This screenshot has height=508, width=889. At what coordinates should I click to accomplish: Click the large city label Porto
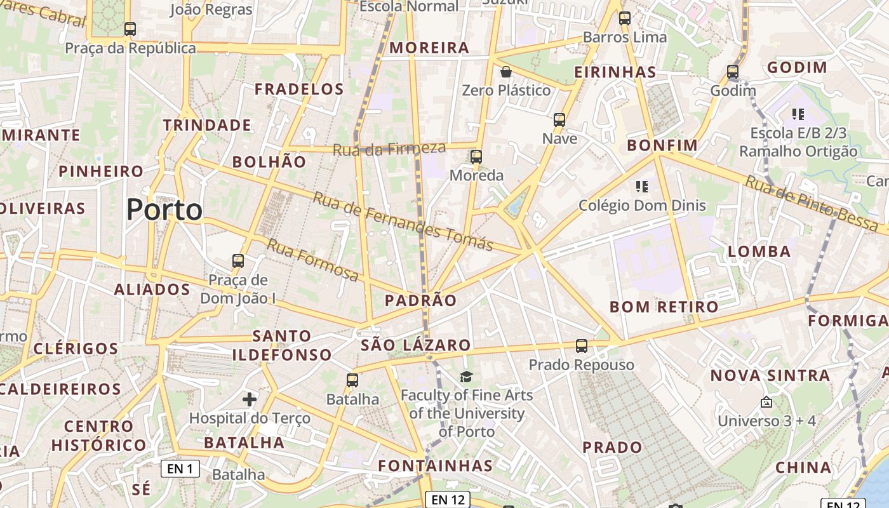[164, 210]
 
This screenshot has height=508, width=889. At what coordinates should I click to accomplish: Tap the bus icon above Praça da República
[130, 29]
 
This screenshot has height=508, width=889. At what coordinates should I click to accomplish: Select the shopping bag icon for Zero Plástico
[506, 72]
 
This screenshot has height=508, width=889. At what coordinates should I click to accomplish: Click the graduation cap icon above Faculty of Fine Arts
[467, 377]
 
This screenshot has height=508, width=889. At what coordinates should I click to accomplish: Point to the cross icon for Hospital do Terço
[250, 399]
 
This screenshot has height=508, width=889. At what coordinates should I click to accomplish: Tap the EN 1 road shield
[180, 469]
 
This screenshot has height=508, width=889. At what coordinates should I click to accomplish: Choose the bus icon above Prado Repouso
[582, 346]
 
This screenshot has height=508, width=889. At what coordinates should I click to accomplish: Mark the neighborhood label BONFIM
[662, 145]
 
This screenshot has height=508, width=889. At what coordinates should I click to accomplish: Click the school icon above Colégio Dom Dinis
[642, 187]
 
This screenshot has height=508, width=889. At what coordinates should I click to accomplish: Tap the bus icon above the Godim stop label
[733, 72]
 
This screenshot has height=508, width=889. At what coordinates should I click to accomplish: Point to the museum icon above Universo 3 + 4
[766, 402]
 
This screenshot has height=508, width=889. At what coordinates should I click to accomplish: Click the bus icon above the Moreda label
[476, 156]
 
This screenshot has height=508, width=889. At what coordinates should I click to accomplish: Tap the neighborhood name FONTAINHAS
[436, 465]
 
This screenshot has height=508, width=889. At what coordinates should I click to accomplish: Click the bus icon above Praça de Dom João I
[238, 260]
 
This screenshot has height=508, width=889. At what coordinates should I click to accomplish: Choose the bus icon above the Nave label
[559, 119]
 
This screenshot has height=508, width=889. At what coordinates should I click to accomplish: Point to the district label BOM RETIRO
[664, 307]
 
